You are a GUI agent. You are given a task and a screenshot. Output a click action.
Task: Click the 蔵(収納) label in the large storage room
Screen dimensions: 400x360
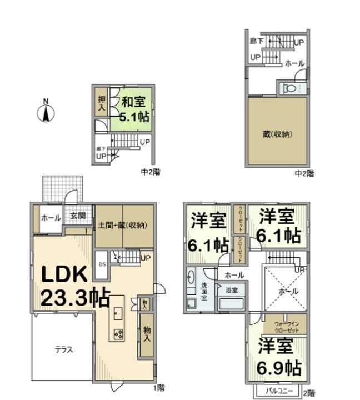tap(277, 134)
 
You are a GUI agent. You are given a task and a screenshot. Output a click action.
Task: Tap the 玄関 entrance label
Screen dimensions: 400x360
tap(78, 217)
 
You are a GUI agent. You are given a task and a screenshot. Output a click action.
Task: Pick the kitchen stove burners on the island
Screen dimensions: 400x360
tap(118, 333)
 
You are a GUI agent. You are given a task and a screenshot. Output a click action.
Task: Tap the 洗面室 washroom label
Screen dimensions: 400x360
tap(204, 291)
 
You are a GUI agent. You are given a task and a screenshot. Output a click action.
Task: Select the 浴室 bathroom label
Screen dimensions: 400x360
tap(231, 290)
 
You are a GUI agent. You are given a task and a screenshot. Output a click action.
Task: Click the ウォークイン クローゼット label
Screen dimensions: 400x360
tap(287, 326)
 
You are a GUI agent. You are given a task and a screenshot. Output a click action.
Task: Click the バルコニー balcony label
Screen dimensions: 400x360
tap(276, 391)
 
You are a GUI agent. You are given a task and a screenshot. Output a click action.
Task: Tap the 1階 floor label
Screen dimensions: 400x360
tap(159, 386)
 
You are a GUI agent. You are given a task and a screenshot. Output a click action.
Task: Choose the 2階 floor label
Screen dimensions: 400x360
tap(309, 392)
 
